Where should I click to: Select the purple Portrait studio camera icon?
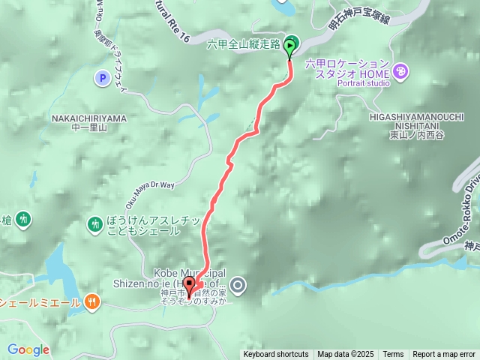401,72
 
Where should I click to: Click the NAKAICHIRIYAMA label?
88,118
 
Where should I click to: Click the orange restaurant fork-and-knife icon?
92,302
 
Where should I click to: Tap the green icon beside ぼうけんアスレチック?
94,223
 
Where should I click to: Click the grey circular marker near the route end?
238,285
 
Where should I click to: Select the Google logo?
28,349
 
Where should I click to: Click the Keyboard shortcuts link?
275,355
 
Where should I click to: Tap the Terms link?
393,355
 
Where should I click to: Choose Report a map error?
444,355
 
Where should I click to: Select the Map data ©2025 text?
345,355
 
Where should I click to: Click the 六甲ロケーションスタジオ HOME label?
347,68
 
